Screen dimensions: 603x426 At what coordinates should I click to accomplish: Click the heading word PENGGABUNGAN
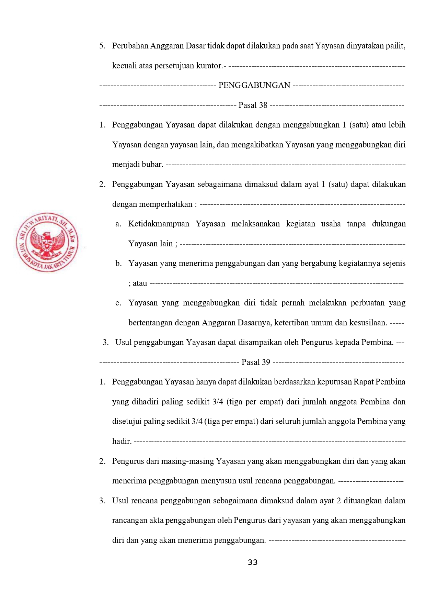pyautogui.click(x=254, y=85)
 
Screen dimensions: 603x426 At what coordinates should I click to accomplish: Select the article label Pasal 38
pyautogui.click(x=253, y=105)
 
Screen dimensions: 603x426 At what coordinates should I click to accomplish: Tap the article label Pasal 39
pyautogui.click(x=256, y=362)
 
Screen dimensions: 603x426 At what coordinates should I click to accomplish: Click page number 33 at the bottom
pyautogui.click(x=253, y=562)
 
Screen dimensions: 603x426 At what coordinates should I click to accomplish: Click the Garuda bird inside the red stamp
pyautogui.click(x=47, y=242)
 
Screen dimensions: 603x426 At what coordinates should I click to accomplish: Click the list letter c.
pyautogui.click(x=118, y=303)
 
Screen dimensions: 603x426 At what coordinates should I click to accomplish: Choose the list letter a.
pyautogui.click(x=118, y=224)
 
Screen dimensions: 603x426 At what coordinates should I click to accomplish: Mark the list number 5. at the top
pyautogui.click(x=102, y=46)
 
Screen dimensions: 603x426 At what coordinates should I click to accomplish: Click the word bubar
pyautogui.click(x=152, y=165)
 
